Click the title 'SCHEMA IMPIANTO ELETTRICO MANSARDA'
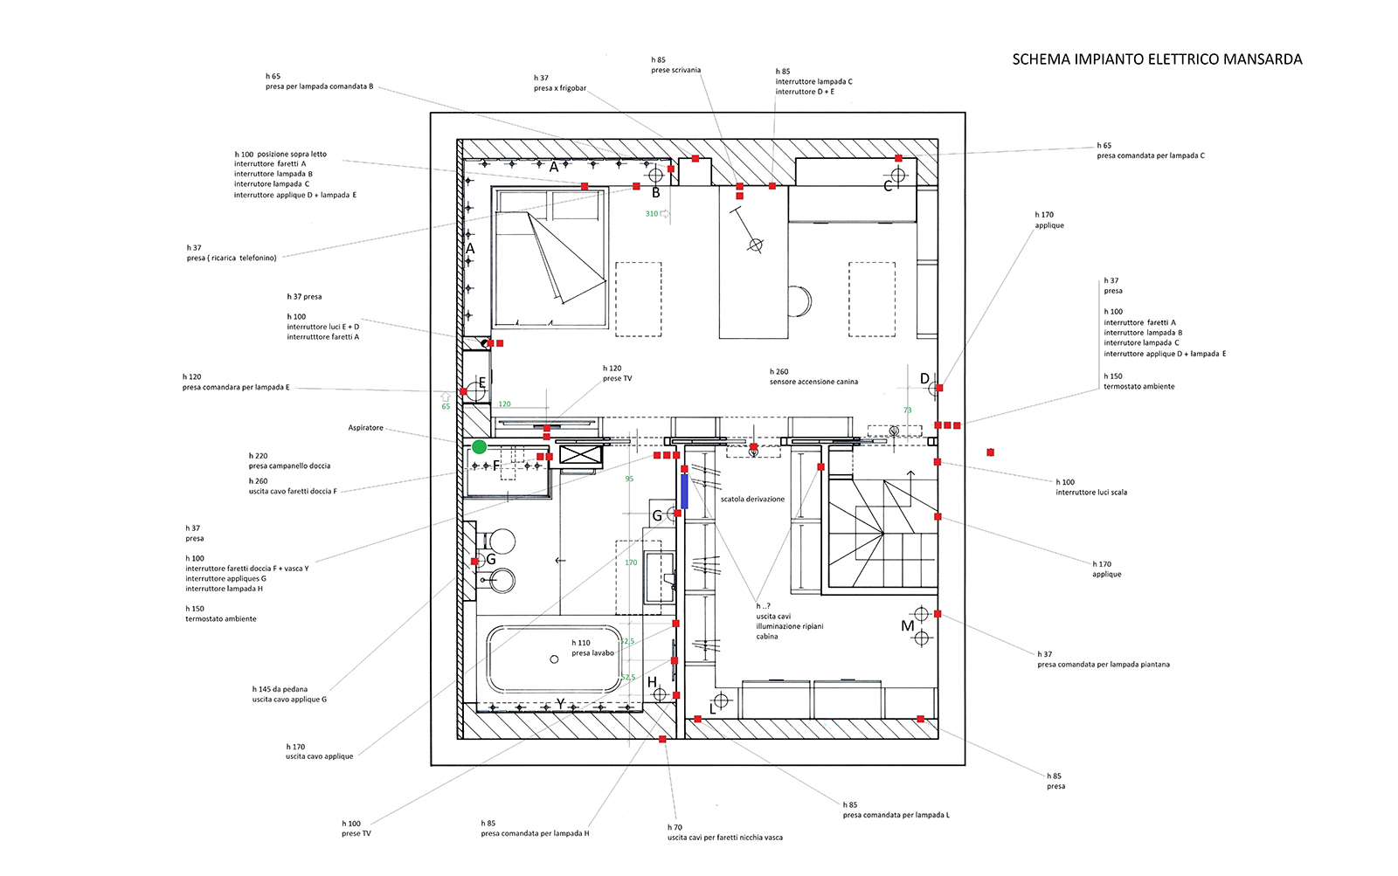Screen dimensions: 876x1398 pos(1157,59)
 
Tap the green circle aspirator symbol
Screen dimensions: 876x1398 pos(479,447)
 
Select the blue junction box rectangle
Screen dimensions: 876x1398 pos(685,492)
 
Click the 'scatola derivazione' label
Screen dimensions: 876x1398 pos(752,500)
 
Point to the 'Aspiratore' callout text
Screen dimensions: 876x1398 pos(365,428)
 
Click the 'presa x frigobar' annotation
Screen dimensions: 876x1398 pos(560,88)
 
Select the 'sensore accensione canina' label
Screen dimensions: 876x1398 pos(813,382)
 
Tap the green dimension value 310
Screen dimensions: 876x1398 pos(652,214)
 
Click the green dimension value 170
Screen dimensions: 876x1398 pos(631,562)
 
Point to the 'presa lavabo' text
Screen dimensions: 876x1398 pos(592,653)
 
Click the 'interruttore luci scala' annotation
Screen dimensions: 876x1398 pos(1091,493)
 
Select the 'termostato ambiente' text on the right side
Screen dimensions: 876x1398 pos(1138,386)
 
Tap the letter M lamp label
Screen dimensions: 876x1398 pos(907,626)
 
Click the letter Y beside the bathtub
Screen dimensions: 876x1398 pos(561,704)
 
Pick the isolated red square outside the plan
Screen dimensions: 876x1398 pos(990,452)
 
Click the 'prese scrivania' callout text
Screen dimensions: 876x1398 pos(675,70)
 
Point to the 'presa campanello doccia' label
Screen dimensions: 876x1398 pos(289,466)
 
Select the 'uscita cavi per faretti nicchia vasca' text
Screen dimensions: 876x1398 pos(725,838)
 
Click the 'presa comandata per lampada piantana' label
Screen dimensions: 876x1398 pos(1104,665)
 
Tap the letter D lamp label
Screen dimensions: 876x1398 pos(924,379)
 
